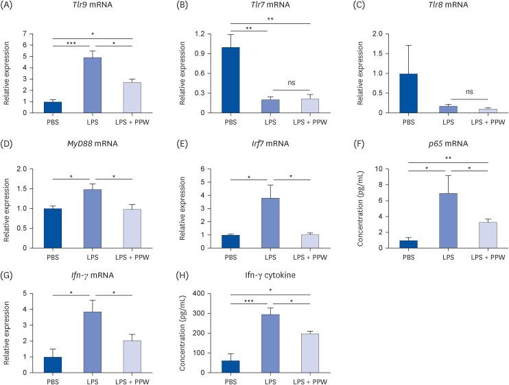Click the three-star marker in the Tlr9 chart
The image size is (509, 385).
[71, 43]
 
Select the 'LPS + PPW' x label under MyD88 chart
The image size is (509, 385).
[136, 257]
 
